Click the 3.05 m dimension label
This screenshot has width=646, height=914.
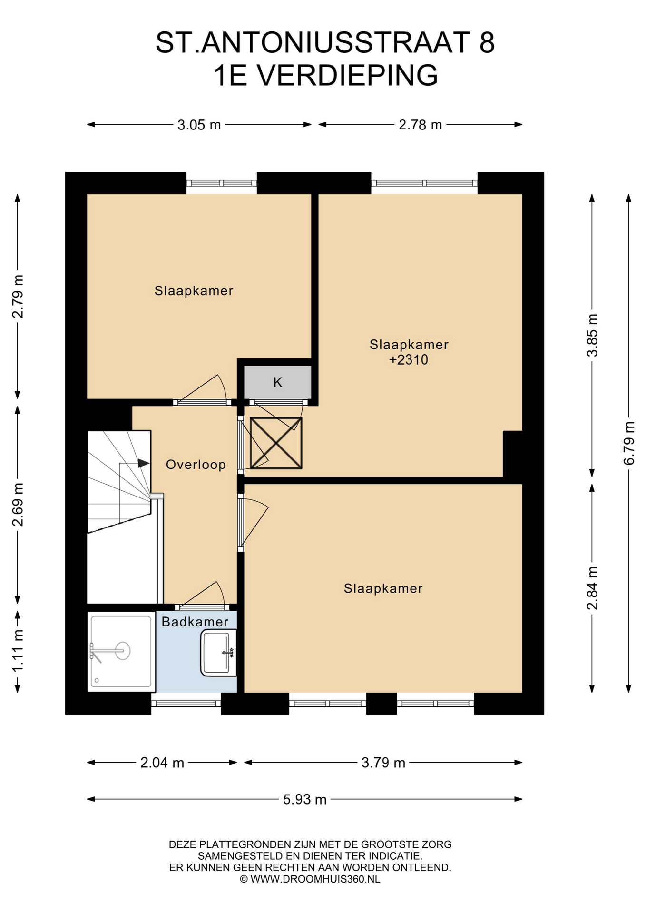199,125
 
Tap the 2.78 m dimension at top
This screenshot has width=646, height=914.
420,125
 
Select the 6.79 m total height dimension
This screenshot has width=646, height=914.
629,443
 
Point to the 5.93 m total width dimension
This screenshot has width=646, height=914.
305,799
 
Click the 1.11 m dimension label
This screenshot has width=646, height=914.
18,651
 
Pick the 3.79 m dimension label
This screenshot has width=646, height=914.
383,763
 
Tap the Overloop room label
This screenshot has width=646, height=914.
196,465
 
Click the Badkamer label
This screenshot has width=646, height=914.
195,622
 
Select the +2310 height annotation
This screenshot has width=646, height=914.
409,359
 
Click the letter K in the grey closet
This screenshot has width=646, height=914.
278,382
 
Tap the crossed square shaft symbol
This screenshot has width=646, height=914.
276,443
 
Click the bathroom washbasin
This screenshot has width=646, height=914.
218,653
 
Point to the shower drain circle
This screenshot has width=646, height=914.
123,651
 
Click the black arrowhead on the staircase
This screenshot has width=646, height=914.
144,463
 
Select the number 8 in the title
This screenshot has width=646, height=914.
487,42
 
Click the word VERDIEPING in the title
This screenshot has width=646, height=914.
348,75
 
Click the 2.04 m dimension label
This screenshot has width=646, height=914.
162,763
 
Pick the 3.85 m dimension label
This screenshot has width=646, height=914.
592,335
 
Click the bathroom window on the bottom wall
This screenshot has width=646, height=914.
186,704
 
